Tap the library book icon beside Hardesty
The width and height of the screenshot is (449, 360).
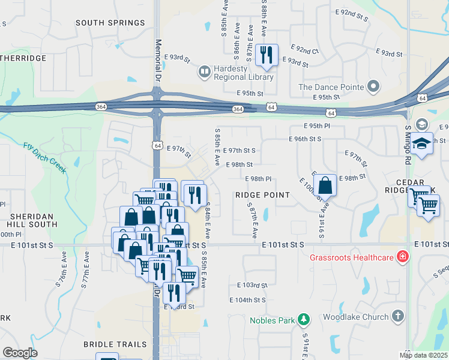(205, 73)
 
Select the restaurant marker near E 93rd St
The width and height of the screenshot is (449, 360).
(265, 55)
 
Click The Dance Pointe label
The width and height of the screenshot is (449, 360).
(331, 87)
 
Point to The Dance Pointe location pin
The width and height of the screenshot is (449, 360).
(373, 87)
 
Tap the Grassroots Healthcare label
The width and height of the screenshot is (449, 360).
(351, 258)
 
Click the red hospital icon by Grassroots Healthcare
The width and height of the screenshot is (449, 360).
(402, 258)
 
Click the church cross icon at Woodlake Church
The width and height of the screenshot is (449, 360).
(397, 316)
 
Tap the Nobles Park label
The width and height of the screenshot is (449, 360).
(273, 320)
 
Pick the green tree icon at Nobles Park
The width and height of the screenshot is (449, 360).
(304, 320)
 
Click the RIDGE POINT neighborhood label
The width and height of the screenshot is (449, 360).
(262, 196)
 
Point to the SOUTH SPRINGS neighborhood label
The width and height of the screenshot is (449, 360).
(103, 22)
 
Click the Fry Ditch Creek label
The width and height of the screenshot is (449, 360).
(45, 158)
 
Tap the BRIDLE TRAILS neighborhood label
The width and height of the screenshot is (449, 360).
(115, 344)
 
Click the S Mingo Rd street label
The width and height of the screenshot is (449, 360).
(407, 146)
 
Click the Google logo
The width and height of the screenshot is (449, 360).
(20, 353)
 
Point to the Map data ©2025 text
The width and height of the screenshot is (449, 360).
(423, 355)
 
